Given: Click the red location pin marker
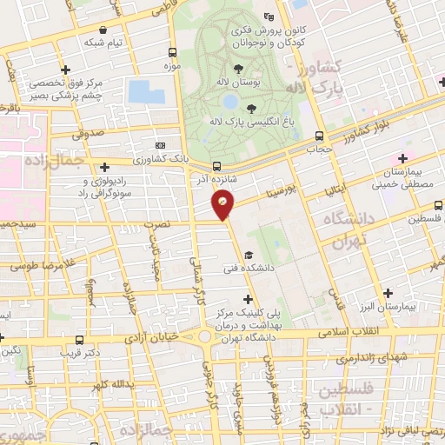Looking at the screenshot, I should coord(223,205).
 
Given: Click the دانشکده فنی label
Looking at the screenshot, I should coord(249,269).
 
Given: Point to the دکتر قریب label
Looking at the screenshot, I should coord(81,353).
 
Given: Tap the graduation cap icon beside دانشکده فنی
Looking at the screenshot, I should coord(249,255).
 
